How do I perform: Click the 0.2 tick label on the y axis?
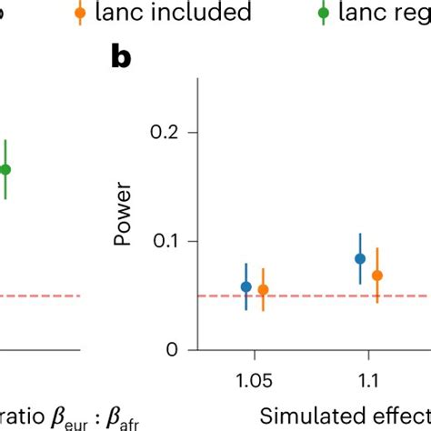(170, 133)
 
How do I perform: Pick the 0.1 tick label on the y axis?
(170, 241)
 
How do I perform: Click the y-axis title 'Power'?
(124, 216)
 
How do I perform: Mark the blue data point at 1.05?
(246, 286)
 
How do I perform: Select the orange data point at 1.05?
(263, 290)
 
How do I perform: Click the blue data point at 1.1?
(360, 258)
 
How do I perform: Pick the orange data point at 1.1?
(377, 275)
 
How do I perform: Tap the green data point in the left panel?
(5, 169)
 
